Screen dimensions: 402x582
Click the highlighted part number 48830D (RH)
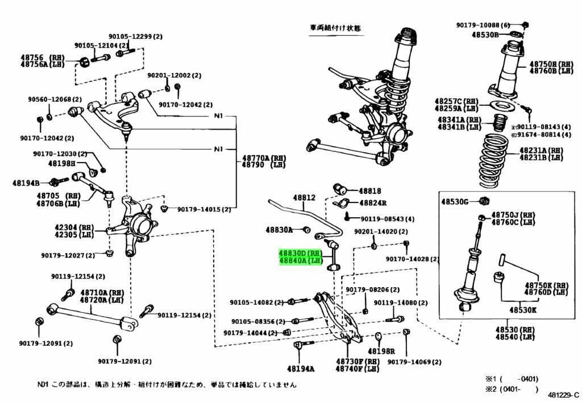click(x=300, y=253)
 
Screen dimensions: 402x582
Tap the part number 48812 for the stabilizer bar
click(x=304, y=198)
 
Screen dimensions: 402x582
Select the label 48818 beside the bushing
click(x=370, y=191)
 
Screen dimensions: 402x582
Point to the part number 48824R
click(x=372, y=202)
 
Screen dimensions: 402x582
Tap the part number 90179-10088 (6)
click(x=487, y=24)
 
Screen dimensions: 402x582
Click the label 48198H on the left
click(x=61, y=163)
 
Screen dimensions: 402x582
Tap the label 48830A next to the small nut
click(x=279, y=230)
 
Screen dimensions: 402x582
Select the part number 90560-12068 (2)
click(x=55, y=100)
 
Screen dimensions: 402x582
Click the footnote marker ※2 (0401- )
click(x=511, y=389)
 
